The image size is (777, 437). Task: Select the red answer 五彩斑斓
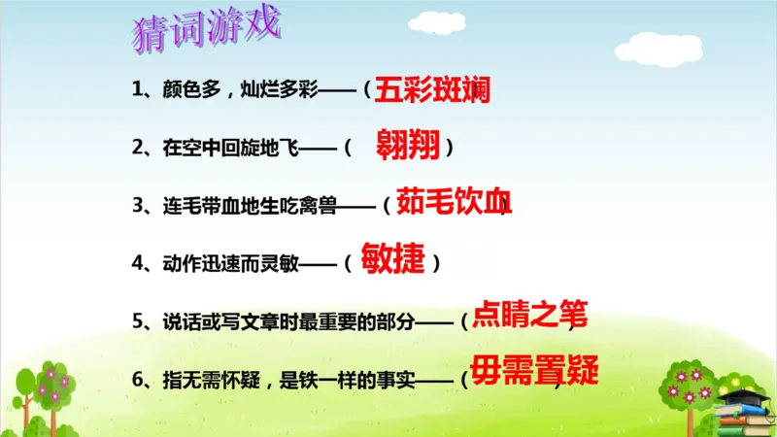430,89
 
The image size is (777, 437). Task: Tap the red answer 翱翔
409,147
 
